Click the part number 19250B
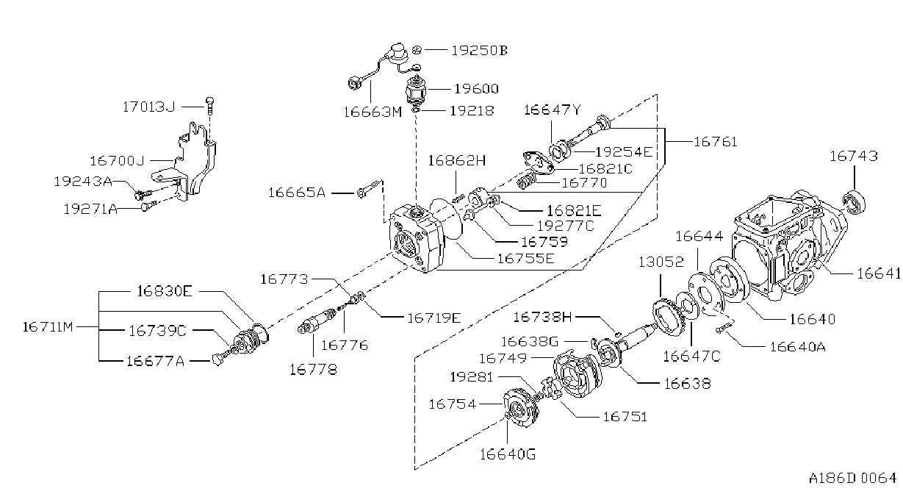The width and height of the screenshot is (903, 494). (479, 51)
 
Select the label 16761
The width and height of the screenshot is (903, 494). (716, 142)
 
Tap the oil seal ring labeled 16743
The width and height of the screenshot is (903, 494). (855, 201)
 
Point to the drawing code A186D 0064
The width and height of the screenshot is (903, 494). (852, 478)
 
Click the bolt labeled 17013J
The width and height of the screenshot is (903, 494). (209, 106)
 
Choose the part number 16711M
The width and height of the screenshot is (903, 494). (48, 326)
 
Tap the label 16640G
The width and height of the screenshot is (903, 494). (508, 454)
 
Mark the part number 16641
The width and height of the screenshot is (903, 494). (879, 273)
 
